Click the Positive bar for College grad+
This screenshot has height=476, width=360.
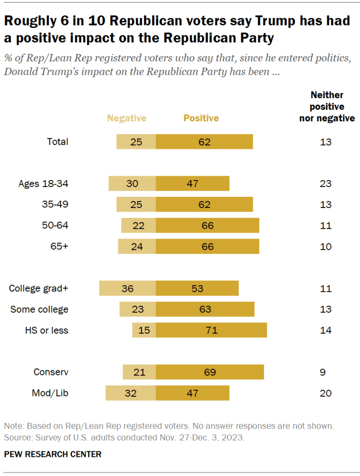coord(197,288)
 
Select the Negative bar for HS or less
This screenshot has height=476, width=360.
coord(144,330)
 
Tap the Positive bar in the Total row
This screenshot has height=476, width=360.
coord(204,141)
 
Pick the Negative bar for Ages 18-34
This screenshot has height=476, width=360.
coord(132,183)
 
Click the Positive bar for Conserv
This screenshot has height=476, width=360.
coord(210,372)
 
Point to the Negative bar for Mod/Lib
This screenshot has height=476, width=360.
coord(131,393)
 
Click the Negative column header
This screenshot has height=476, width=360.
coord(127,118)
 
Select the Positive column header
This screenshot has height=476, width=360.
coord(201,118)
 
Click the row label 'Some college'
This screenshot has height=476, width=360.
coord(39,309)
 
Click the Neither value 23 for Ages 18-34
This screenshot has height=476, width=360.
coord(326,183)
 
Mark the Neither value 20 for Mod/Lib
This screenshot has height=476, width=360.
coord(326,393)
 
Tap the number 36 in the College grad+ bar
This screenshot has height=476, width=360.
coord(127,288)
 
